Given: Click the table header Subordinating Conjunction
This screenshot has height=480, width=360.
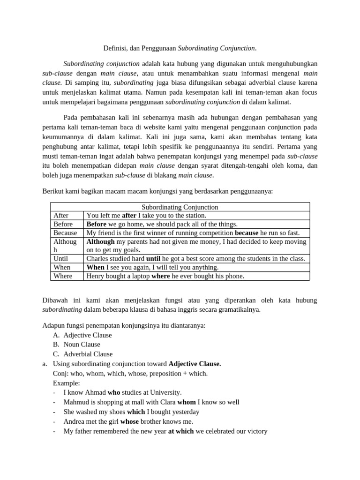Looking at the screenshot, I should tap(180, 207).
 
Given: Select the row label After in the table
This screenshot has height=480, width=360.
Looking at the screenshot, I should tap(61, 216).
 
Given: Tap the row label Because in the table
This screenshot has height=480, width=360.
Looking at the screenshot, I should tap(65, 233).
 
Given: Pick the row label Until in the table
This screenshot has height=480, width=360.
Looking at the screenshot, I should tap(61, 259).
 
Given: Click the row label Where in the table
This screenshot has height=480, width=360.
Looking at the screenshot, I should tap(63, 276).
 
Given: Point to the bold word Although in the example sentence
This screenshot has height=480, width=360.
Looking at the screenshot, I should tap(100, 242).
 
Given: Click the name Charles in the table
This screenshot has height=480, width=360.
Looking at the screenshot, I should tap(98, 259).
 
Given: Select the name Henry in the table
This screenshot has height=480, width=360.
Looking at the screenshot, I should tap(97, 276).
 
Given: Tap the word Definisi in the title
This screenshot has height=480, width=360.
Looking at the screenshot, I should tap(115, 48).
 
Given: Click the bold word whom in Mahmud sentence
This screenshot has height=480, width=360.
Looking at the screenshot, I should tap(187, 402).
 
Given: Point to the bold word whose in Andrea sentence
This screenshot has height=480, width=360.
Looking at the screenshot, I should tap(129, 421).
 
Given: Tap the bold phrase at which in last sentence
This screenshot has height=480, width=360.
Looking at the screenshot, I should tap(181, 431).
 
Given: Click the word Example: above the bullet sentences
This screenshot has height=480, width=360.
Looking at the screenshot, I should tap(66, 383).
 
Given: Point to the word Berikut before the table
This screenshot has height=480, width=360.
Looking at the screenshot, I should tap(54, 191).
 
